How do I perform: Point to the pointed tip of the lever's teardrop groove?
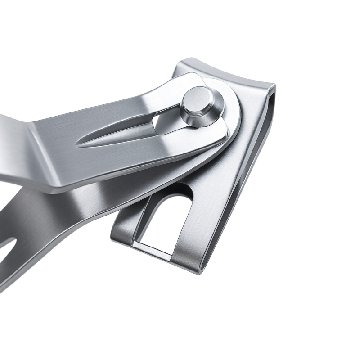[x=77, y=145]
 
